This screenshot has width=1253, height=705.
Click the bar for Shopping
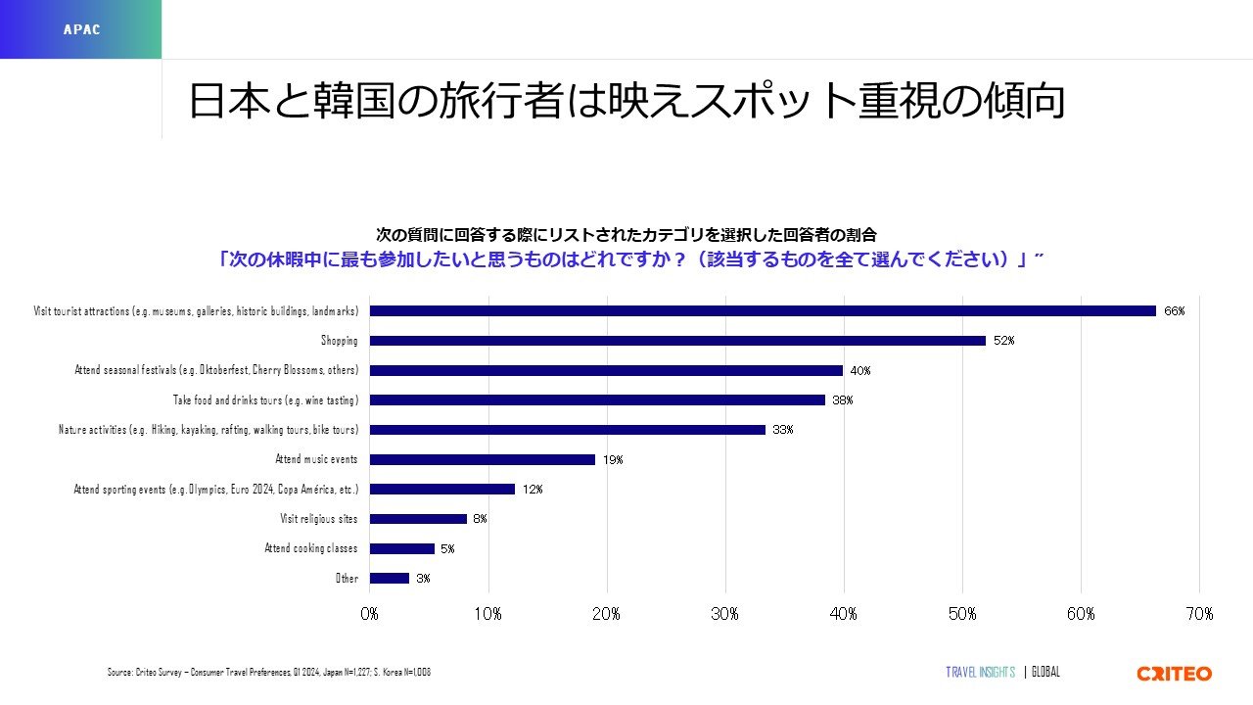[677, 341]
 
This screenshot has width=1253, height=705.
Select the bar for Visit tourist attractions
[763, 311]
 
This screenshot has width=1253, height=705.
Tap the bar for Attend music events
[483, 459]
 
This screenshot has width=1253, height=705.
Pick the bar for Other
[390, 578]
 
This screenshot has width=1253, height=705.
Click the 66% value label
[1175, 311]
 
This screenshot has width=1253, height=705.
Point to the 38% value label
[843, 400]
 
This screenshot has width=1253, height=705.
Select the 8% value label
[479, 519]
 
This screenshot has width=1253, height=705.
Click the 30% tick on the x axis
[725, 614]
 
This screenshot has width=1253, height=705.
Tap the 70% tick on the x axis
[1199, 614]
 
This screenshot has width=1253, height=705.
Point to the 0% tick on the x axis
[370, 614]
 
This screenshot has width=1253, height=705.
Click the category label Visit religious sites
[319, 519]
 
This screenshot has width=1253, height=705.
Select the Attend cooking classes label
[311, 548]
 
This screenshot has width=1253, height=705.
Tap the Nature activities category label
[209, 430]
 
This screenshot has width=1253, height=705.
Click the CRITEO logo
[1174, 674]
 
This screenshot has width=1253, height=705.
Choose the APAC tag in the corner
[81, 29]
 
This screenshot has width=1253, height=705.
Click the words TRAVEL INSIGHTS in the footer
[980, 673]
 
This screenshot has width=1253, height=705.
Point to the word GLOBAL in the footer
[1045, 673]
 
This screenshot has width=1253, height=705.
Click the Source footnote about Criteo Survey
[269, 673]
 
